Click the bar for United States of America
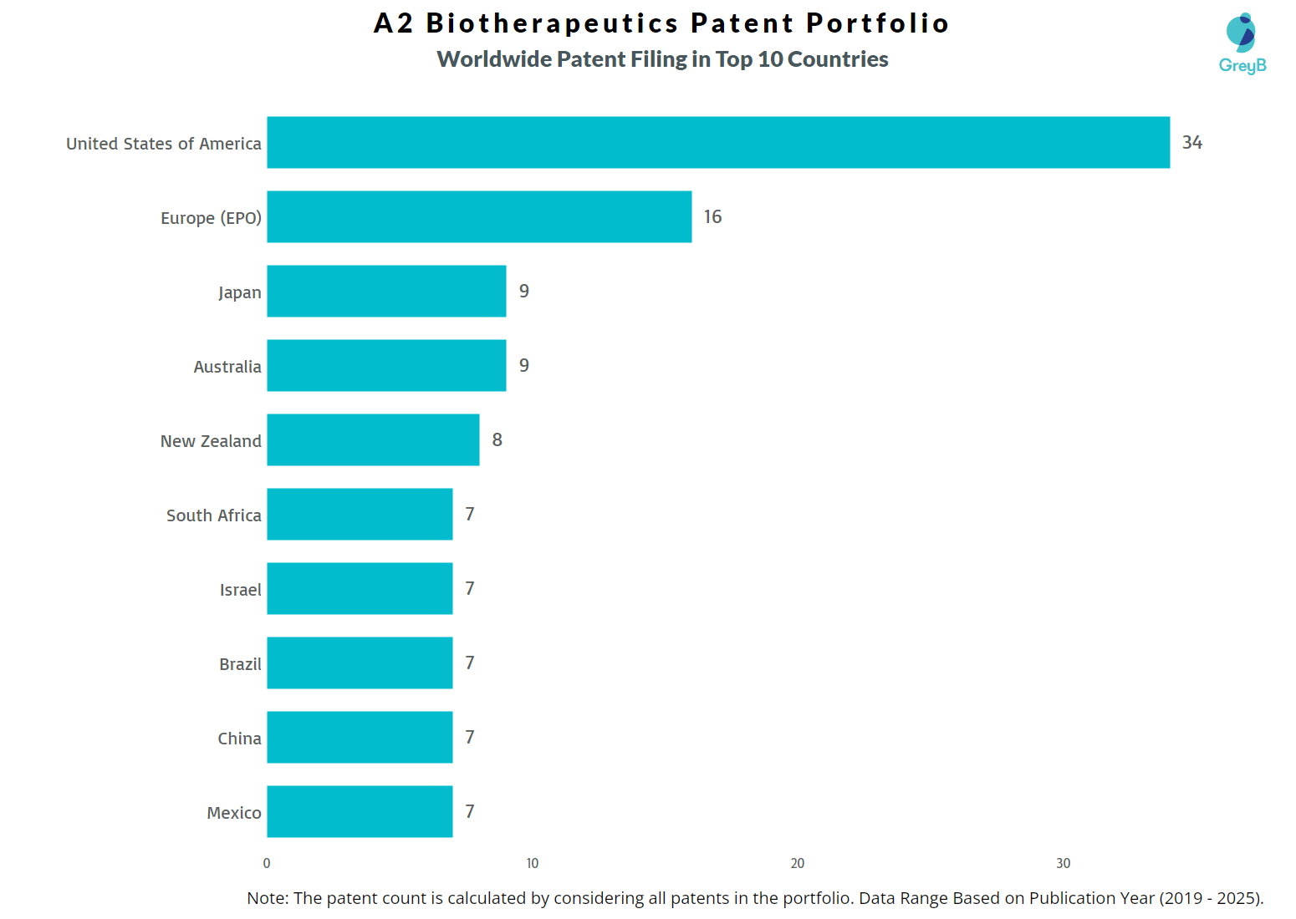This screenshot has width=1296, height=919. pos(717,143)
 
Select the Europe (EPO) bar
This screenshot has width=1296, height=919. pos(479,217)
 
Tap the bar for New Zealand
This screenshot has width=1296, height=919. pos(373,440)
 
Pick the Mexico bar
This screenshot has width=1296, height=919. pos(360,812)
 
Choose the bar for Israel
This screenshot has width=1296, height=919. pos(360,589)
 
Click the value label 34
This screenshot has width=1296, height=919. pos(1191,143)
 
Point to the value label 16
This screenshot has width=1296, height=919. pos(712,217)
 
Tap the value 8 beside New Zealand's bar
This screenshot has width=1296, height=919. pos(497,440)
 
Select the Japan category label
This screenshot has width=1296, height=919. pos(240,292)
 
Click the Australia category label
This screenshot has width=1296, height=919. pos(227,367)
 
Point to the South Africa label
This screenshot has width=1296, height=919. pos(214,515)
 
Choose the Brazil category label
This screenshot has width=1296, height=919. pos(240,664)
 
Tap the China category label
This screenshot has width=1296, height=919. pos(239,739)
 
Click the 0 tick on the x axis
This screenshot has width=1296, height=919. pos(267,864)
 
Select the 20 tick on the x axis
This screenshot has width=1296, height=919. pos(798,864)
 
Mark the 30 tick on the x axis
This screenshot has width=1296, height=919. pos(1063,864)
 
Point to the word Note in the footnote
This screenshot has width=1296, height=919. pos(267,898)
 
